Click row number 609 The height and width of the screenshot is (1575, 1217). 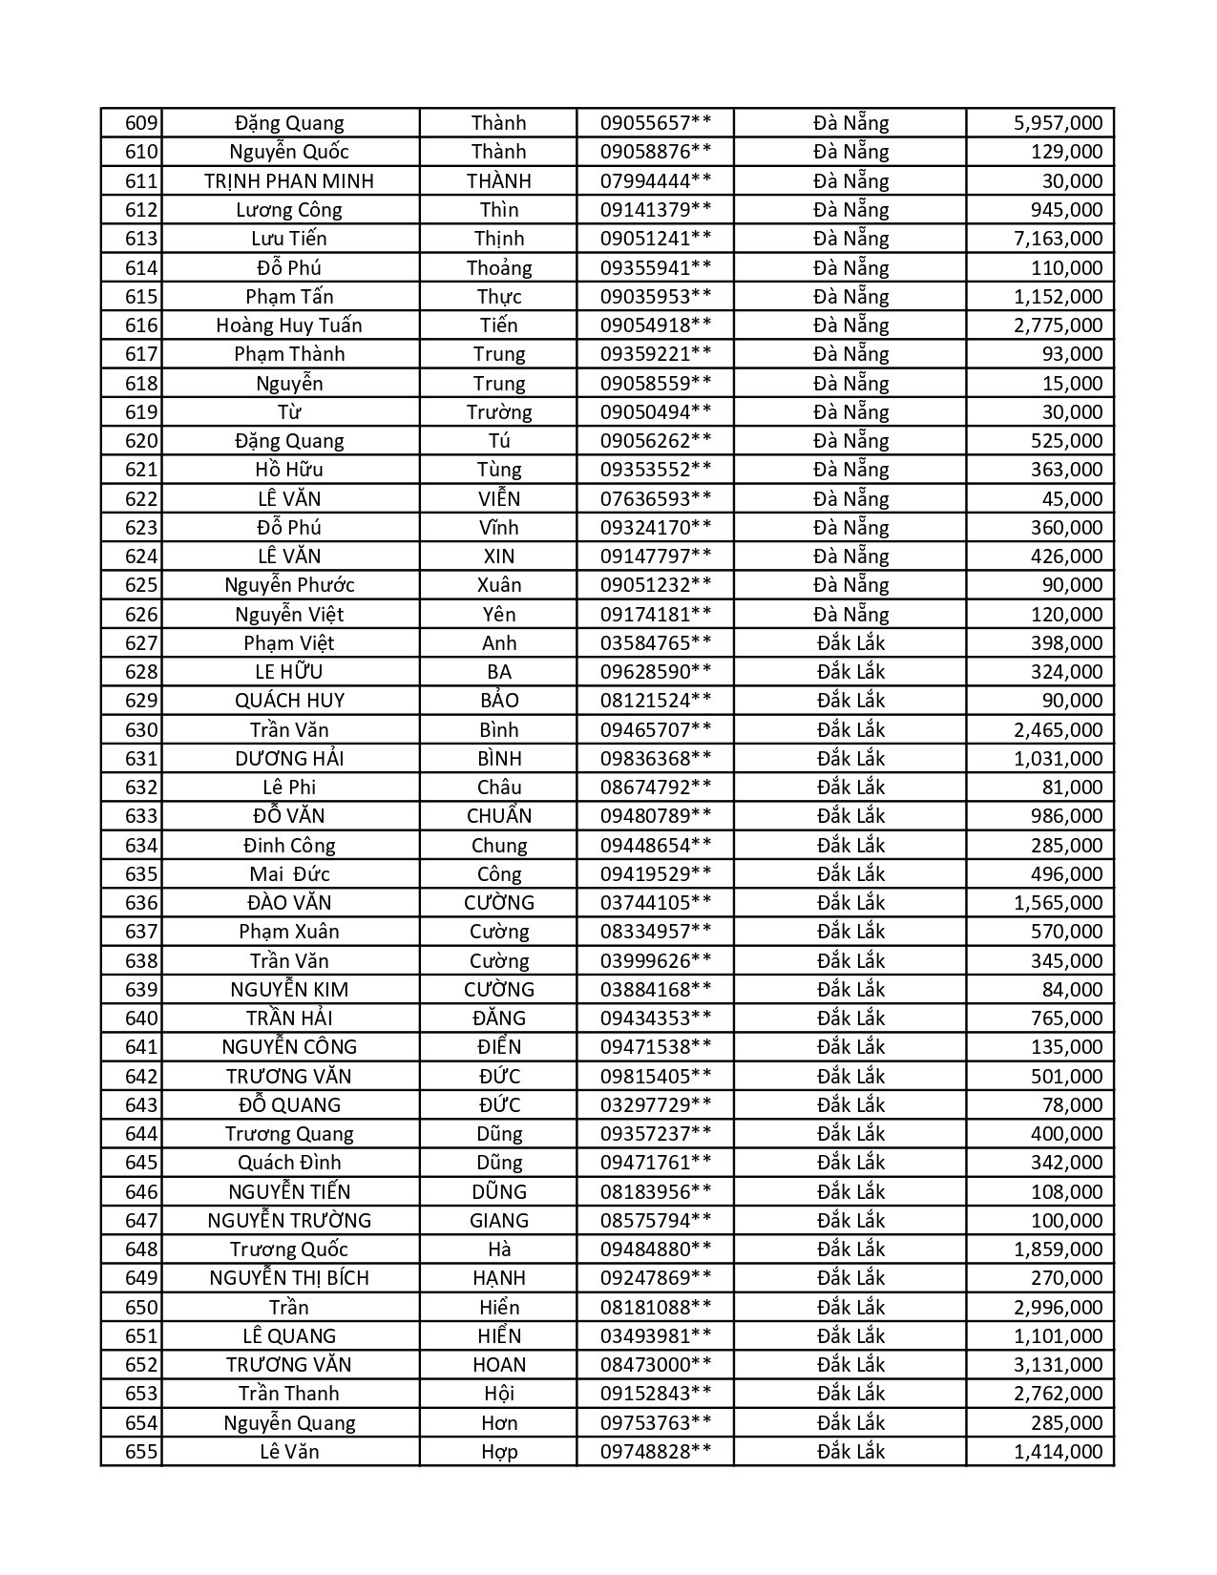point(141,123)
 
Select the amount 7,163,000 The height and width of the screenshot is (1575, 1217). point(1058,239)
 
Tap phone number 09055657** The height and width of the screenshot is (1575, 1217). point(655,123)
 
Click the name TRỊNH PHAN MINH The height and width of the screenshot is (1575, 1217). point(289,181)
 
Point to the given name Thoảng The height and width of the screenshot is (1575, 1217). point(498,267)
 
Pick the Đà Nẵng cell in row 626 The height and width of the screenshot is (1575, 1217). point(850,614)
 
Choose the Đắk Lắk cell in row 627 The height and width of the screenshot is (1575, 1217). point(850,642)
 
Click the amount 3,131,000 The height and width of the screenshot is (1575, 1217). point(1058,1364)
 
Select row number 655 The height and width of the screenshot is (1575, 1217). point(141,1451)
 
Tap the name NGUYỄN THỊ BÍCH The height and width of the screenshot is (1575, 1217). point(289,1277)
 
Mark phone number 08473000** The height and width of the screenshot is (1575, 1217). point(655,1364)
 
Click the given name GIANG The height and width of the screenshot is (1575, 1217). point(498,1220)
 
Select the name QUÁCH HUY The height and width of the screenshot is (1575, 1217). point(289,700)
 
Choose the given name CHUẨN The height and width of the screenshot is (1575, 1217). point(498,815)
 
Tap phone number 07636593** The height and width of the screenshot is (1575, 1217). point(655,498)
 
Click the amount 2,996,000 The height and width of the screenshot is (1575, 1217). point(1058,1307)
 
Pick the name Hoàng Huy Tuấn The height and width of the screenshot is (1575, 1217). point(289,325)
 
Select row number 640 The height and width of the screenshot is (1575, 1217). point(141,1018)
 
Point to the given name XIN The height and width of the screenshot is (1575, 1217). point(498,556)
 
